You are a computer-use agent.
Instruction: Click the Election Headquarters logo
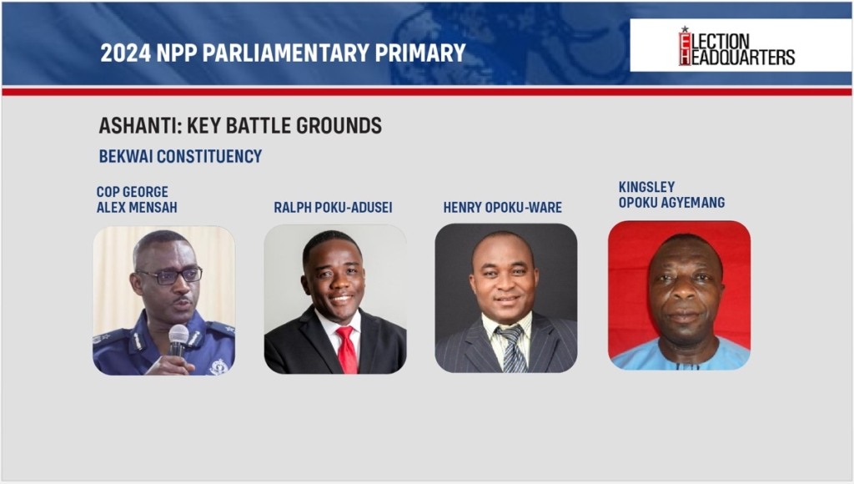point(736,47)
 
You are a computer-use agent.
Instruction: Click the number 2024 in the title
point(125,53)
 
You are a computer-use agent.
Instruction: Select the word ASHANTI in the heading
point(139,126)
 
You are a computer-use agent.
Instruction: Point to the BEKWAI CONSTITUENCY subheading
point(180,156)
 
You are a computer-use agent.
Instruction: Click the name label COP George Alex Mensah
point(137,199)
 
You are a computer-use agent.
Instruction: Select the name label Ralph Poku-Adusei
point(333,207)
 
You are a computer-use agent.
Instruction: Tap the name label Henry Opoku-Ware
point(502,207)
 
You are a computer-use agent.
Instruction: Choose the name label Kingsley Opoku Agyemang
point(671,194)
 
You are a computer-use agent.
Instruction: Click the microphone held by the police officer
point(178,340)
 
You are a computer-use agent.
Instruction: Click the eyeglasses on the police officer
point(170,275)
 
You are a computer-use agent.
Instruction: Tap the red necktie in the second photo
point(346,350)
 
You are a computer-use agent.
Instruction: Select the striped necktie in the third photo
point(512,349)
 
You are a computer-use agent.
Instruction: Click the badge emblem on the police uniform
point(219,366)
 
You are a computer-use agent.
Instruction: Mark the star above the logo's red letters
point(685,29)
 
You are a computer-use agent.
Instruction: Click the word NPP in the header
point(177,53)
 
